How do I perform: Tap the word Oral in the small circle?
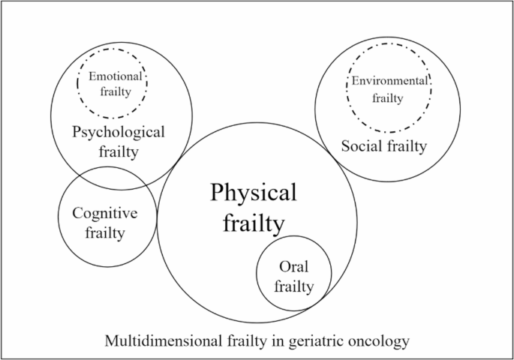click(x=293, y=267)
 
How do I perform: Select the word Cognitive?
click(x=104, y=214)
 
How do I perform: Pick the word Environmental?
click(x=390, y=80)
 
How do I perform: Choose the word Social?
click(x=361, y=146)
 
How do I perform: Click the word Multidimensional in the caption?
click(x=155, y=341)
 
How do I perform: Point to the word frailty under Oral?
click(x=293, y=286)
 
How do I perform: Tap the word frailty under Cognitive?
click(x=105, y=232)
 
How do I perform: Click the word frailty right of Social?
click(x=406, y=146)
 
